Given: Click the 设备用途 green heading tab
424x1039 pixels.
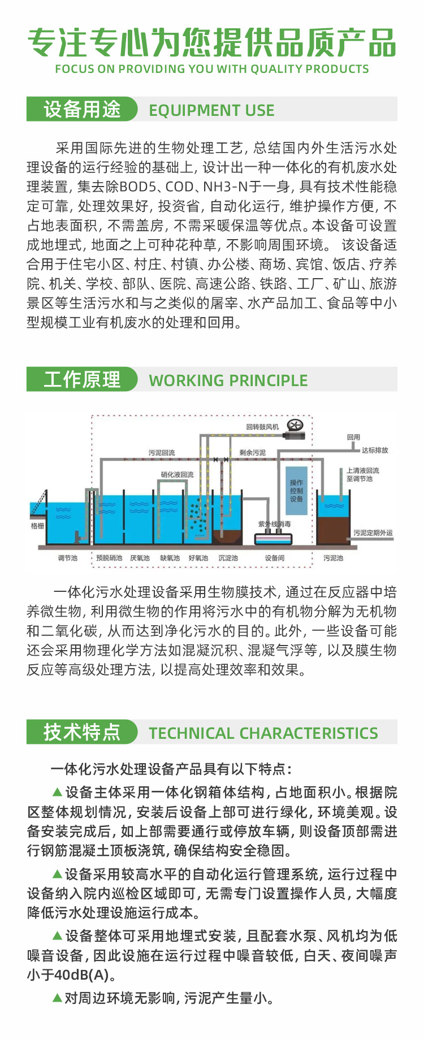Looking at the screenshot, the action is pyautogui.click(x=82, y=109).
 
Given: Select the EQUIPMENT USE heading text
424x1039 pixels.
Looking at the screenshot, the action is pyautogui.click(x=211, y=110).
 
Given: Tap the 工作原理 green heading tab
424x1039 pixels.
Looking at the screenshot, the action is pyautogui.click(x=82, y=379).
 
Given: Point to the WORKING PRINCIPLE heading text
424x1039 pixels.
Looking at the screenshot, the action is pyautogui.click(x=228, y=380).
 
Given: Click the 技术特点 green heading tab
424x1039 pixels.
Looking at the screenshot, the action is pyautogui.click(x=82, y=732).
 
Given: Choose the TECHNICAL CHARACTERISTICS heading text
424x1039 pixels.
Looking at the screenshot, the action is pyautogui.click(x=263, y=733).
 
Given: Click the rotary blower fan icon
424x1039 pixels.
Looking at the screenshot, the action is pyautogui.click(x=296, y=426).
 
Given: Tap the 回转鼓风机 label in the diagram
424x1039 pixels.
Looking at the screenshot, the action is pyautogui.click(x=262, y=427).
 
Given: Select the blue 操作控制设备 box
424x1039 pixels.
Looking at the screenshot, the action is pyautogui.click(x=297, y=491).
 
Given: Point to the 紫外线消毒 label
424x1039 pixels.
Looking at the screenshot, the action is pyautogui.click(x=275, y=524).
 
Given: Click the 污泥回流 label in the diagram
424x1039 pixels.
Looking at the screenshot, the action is pyautogui.click(x=162, y=453).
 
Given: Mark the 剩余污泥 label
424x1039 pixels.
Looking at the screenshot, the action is pyautogui.click(x=252, y=453).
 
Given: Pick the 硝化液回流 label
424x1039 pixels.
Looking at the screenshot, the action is pyautogui.click(x=177, y=475).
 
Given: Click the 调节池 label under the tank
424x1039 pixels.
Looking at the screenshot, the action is pyautogui.click(x=67, y=558).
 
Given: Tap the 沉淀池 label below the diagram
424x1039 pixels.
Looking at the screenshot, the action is pyautogui.click(x=228, y=558).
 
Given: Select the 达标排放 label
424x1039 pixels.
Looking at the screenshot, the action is pyautogui.click(x=375, y=450).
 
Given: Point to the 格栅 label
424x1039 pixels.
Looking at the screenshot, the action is pyautogui.click(x=37, y=526).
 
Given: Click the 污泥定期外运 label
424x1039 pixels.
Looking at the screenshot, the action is pyautogui.click(x=373, y=533).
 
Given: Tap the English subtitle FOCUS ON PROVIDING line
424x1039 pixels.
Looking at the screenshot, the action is pyautogui.click(x=212, y=69).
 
